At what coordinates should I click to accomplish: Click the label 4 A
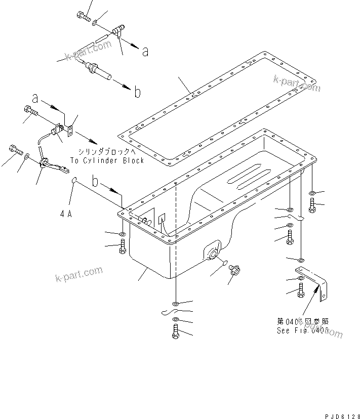pyautogui.click(x=66, y=214)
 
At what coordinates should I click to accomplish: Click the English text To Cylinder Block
pyautogui.click(x=107, y=160)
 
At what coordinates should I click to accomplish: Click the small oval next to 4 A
pyautogui.click(x=74, y=180)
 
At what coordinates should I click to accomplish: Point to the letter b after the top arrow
pyautogui.click(x=137, y=92)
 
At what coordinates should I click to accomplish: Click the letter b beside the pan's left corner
pyautogui.click(x=96, y=180)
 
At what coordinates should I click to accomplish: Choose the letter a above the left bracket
pyautogui.click(x=35, y=97)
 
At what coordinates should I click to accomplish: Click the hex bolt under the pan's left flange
pyautogui.click(x=123, y=248)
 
